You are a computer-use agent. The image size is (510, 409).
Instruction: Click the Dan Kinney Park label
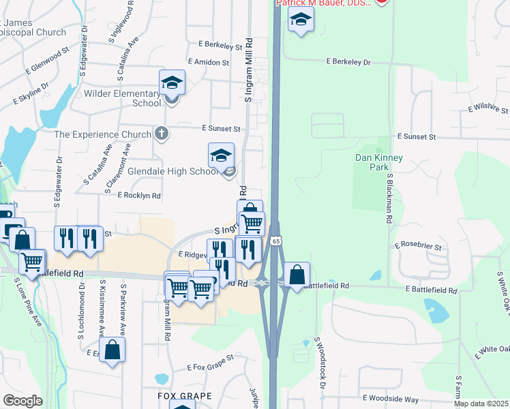coord(380,162)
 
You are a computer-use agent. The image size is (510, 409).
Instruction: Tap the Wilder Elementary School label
coord(122,98)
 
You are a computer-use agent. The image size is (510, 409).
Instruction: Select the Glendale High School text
coord(173,172)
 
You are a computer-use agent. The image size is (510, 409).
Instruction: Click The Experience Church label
coord(102,134)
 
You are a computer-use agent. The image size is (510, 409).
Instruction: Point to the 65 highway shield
coord(275,241)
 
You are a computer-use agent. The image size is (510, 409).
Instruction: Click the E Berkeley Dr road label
coord(348,62)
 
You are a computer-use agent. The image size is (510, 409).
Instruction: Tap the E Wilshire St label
coord(487,109)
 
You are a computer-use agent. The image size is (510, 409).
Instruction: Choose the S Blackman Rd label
coord(389,198)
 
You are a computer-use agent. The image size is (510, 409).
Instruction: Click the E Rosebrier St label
coord(418,245)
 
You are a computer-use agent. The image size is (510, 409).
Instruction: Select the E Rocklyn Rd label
coord(139,196)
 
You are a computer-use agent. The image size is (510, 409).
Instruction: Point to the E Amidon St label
coord(205,62)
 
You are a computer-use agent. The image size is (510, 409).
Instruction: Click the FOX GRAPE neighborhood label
coord(185,395)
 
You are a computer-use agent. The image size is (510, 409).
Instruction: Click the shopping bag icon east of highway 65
coord(297,275)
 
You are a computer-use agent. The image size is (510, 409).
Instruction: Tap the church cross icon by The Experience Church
coord(160,132)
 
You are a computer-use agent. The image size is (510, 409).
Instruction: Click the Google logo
coord(22,401)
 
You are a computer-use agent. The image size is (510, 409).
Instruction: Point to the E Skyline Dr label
coord(31,95)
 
